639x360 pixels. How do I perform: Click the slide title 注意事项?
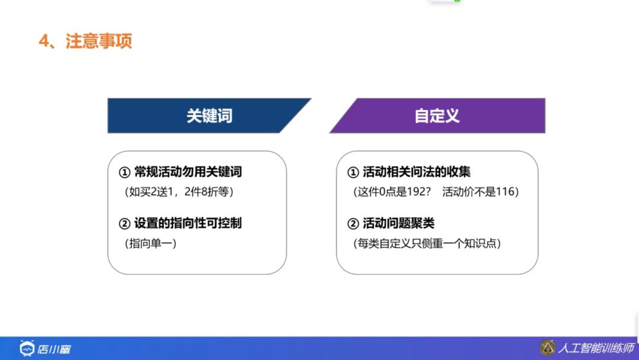[99, 41]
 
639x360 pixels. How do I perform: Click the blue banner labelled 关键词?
[209, 115]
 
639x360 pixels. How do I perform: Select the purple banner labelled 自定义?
[437, 115]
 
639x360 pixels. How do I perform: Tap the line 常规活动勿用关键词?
[188, 172]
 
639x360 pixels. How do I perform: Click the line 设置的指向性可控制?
[188, 223]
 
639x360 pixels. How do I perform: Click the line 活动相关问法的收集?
[417, 172]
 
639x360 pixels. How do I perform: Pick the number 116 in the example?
[504, 192]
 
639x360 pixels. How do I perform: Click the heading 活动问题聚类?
[398, 223]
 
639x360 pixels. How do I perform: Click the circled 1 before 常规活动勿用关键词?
[124, 172]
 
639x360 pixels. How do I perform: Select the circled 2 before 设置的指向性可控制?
[124, 224]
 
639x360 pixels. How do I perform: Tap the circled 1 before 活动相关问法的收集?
[353, 172]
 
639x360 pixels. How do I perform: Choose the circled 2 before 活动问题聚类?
[353, 224]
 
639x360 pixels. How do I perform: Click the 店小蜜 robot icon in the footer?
[27, 348]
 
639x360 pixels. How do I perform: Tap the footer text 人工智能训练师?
[596, 348]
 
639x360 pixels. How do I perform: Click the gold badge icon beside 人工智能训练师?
[547, 348]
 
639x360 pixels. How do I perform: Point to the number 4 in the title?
[43, 41]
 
